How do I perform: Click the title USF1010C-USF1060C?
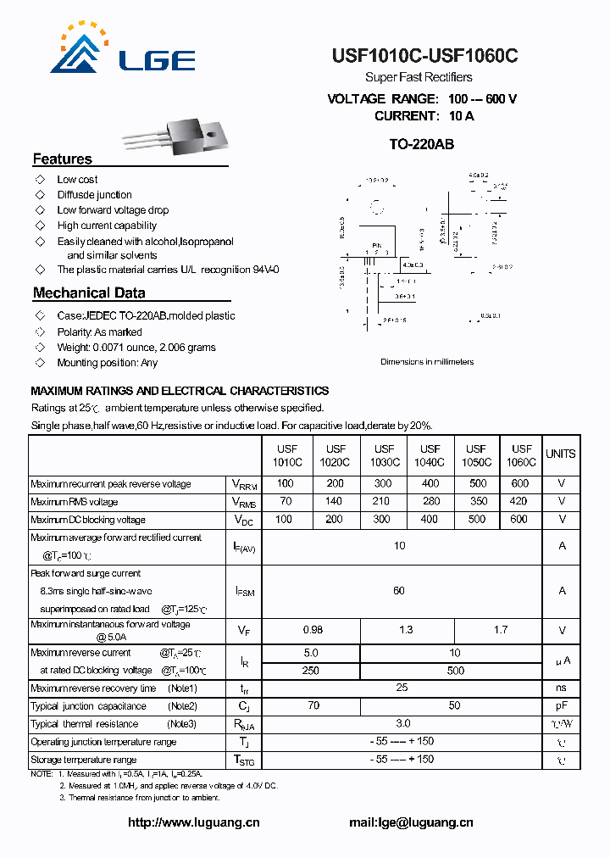coord(424,56)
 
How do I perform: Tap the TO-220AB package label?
coord(421,144)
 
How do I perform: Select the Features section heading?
coord(62,159)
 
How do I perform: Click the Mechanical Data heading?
coord(89,293)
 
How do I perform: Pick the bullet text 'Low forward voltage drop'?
coord(113,210)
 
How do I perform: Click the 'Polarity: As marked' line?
coord(99,332)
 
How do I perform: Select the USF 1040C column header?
coord(430,455)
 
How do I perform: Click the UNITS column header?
coord(560,454)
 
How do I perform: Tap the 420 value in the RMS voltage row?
coord(518,502)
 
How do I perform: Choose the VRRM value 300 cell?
coord(383,484)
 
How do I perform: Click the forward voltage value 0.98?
coord(313,630)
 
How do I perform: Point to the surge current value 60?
coord(399,591)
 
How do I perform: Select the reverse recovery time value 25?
coord(402,688)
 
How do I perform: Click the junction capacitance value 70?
coord(313,706)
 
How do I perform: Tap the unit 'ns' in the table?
coord(561,688)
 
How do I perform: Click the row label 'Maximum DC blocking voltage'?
coord(88,520)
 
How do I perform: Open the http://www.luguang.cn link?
coord(193,822)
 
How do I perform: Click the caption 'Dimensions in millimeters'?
coord(427,362)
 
